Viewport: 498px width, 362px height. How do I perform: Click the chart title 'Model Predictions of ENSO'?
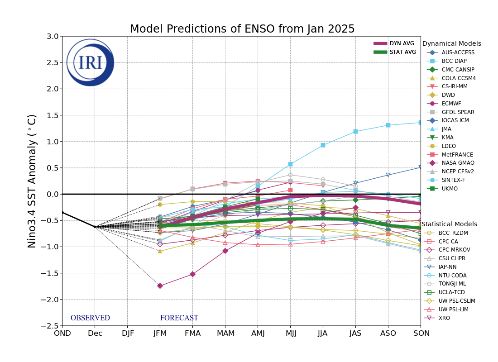(x=242, y=29)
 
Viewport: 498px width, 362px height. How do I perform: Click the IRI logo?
(x=90, y=62)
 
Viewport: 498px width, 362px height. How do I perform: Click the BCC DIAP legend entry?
(x=454, y=61)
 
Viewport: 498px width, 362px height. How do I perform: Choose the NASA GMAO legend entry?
(x=458, y=163)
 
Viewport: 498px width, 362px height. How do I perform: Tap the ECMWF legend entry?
(x=451, y=104)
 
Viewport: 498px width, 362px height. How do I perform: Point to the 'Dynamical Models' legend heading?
(x=451, y=44)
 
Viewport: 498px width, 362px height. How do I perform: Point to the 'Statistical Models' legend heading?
(x=449, y=224)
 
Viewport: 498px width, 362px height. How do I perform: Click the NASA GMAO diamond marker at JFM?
(x=160, y=286)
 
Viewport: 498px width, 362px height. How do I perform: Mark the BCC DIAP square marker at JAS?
(x=355, y=132)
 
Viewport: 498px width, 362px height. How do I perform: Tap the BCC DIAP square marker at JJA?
(x=323, y=145)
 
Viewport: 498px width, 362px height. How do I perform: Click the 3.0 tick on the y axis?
(x=53, y=36)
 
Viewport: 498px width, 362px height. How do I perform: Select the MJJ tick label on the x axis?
(x=290, y=333)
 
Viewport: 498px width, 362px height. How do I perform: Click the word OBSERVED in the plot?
(x=90, y=318)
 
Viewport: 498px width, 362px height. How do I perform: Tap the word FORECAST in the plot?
(x=179, y=318)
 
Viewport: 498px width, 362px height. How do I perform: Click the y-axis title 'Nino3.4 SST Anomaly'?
(x=32, y=181)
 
